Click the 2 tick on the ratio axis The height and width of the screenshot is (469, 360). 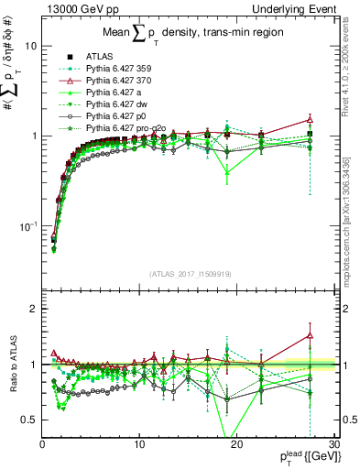tap(34, 309)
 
